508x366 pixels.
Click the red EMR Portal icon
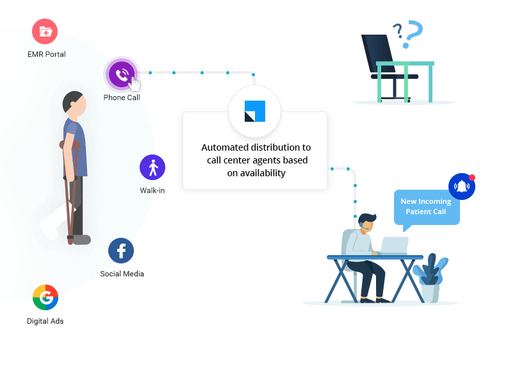point(45,31)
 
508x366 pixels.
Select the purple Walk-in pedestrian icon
point(152,167)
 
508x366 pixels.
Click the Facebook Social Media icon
point(121,251)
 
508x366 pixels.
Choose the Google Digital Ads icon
point(45,297)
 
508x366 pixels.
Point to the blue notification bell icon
point(461,187)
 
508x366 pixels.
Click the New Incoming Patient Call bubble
point(426,206)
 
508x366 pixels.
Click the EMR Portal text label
point(46,54)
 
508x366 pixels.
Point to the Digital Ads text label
point(45,320)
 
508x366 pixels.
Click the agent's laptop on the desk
point(393,245)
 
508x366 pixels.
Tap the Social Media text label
point(122,274)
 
